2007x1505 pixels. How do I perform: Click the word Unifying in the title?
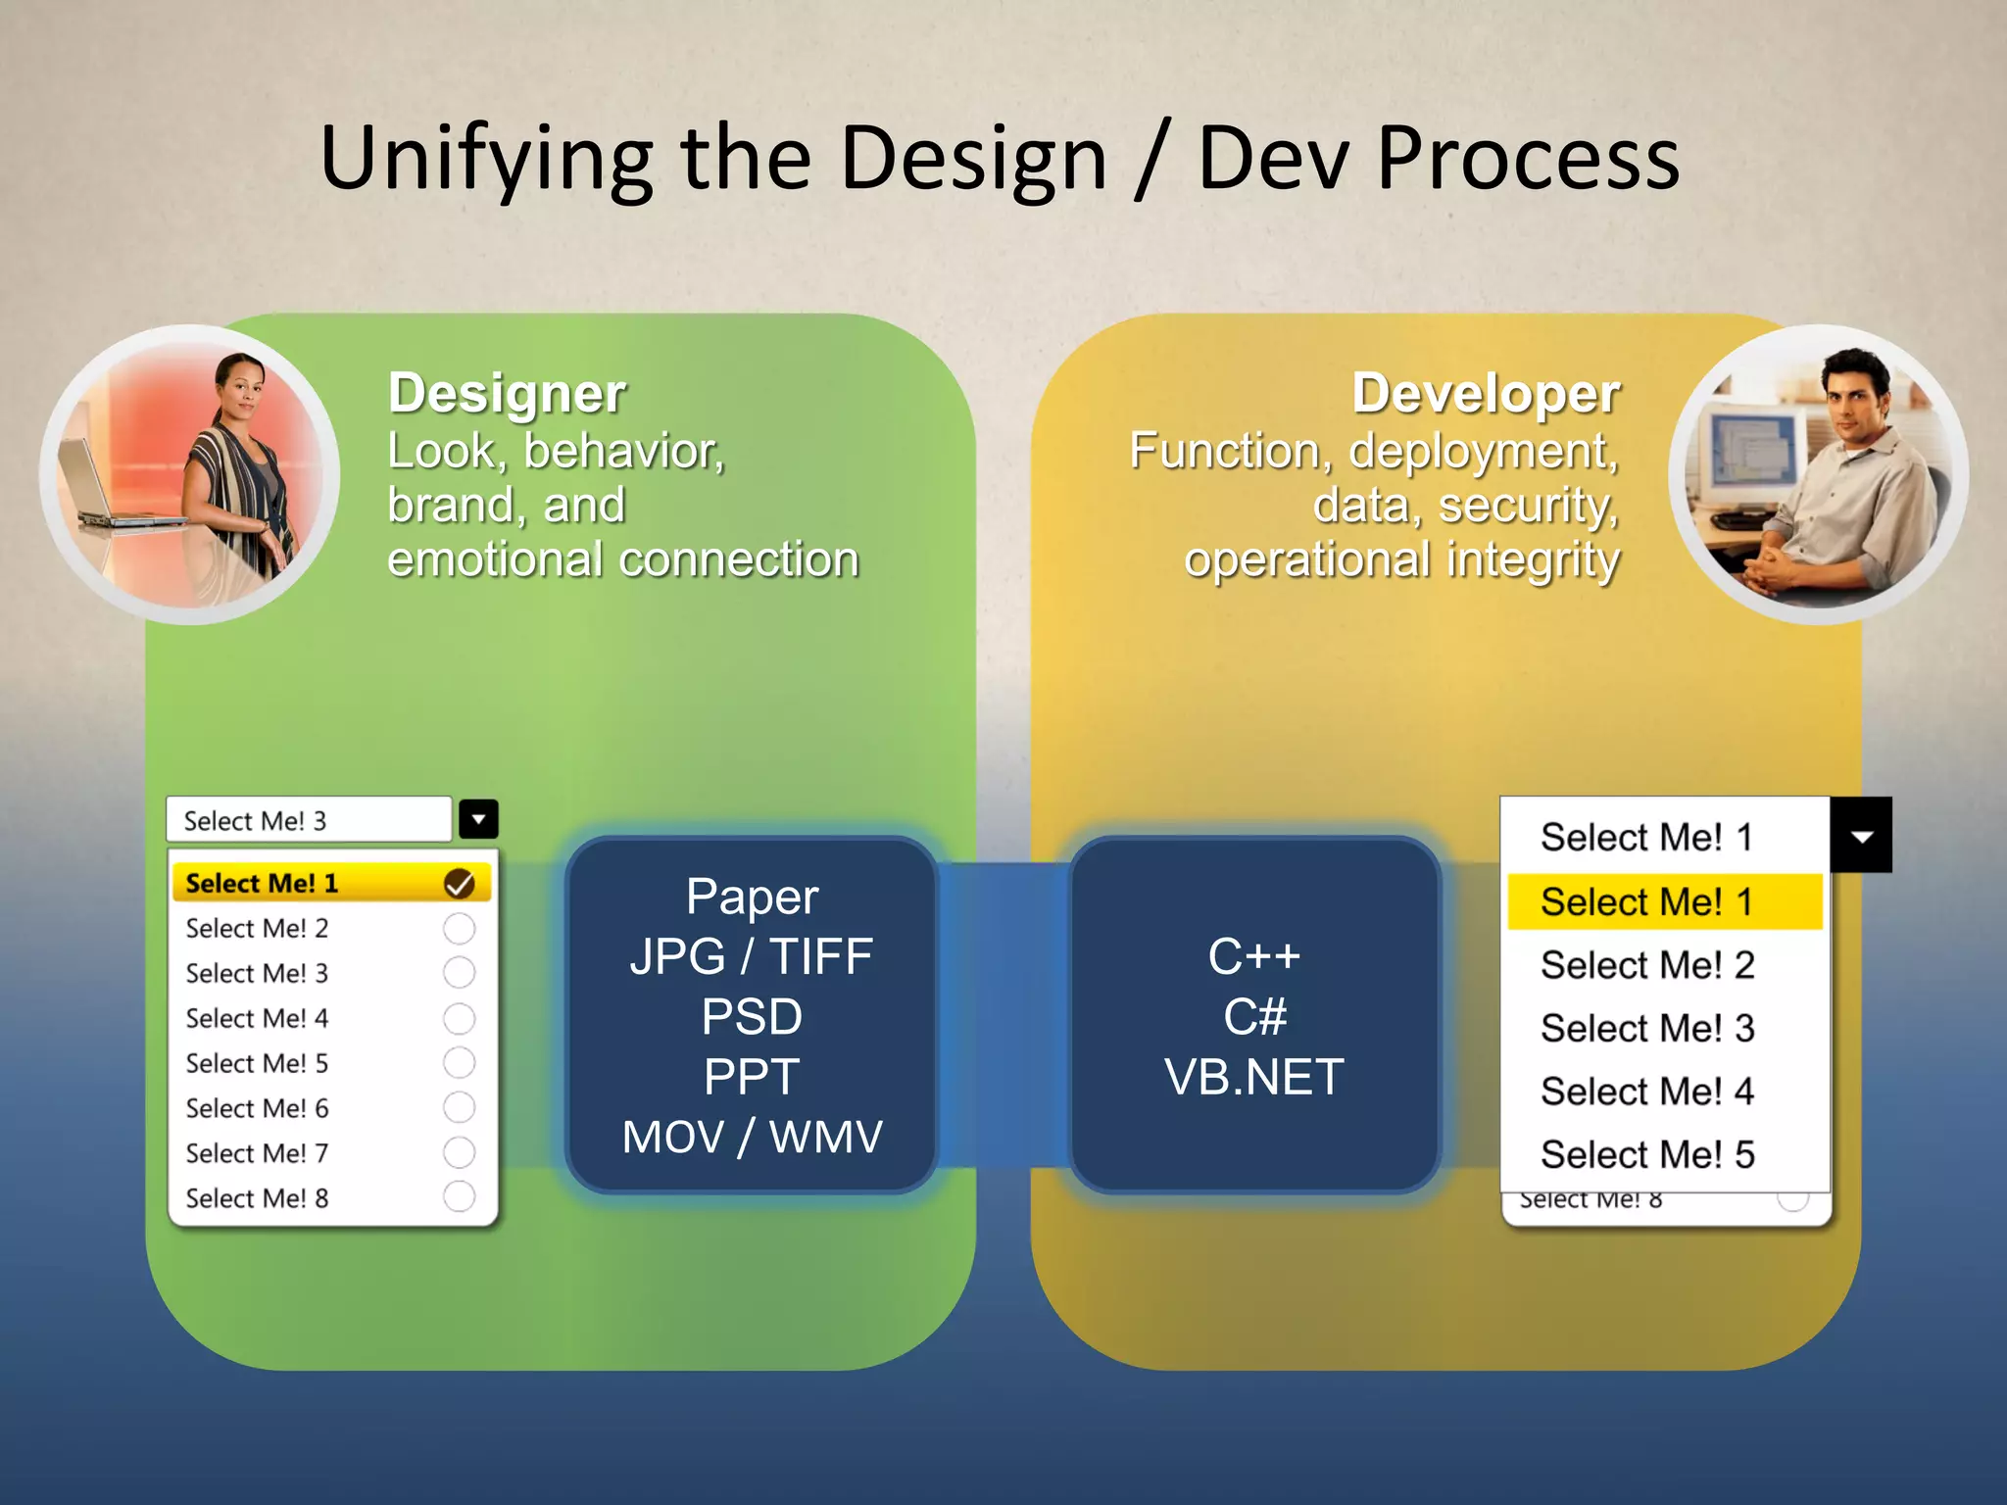486,160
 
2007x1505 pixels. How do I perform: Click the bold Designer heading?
507,394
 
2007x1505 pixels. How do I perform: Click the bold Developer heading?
1486,394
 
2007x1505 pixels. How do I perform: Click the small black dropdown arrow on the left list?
478,819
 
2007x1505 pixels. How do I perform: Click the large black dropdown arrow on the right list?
1861,836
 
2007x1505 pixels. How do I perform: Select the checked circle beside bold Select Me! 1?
459,883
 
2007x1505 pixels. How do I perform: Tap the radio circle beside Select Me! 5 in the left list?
459,1062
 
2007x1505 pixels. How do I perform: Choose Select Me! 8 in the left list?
257,1197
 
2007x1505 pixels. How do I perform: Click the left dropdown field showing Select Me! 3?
309,820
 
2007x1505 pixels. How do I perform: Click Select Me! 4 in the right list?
1646,1092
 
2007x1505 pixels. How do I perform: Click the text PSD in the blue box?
752,1017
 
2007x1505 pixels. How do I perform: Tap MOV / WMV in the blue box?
752,1137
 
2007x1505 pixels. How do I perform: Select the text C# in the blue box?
1253,1017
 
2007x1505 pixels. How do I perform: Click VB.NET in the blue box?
1253,1077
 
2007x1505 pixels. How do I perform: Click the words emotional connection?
623,560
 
